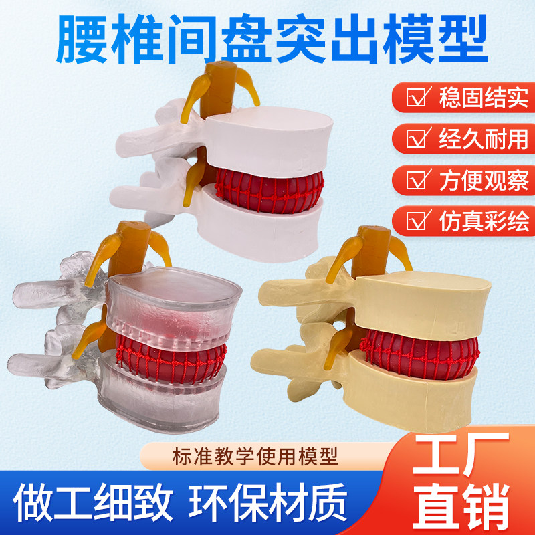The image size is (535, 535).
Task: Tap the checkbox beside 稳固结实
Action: pyautogui.click(x=419, y=98)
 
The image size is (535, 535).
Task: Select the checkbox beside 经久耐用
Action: pyautogui.click(x=419, y=139)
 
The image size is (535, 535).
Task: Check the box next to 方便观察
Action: pyautogui.click(x=419, y=181)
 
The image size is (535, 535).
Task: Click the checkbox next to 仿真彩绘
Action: pyautogui.click(x=419, y=220)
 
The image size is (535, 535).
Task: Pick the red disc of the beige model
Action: pyautogui.click(x=421, y=351)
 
